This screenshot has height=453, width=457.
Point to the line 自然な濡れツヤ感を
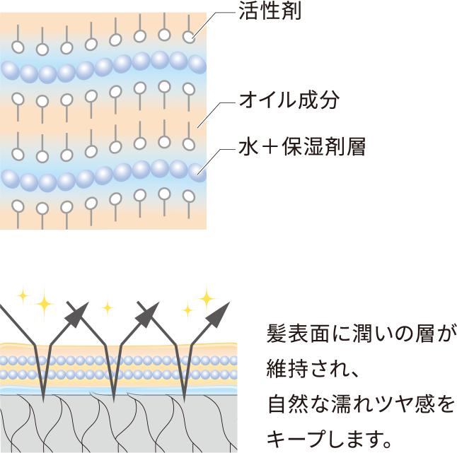tap(361, 404)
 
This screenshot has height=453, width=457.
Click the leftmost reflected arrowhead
tap(79, 311)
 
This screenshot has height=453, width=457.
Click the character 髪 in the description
tap(277, 333)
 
